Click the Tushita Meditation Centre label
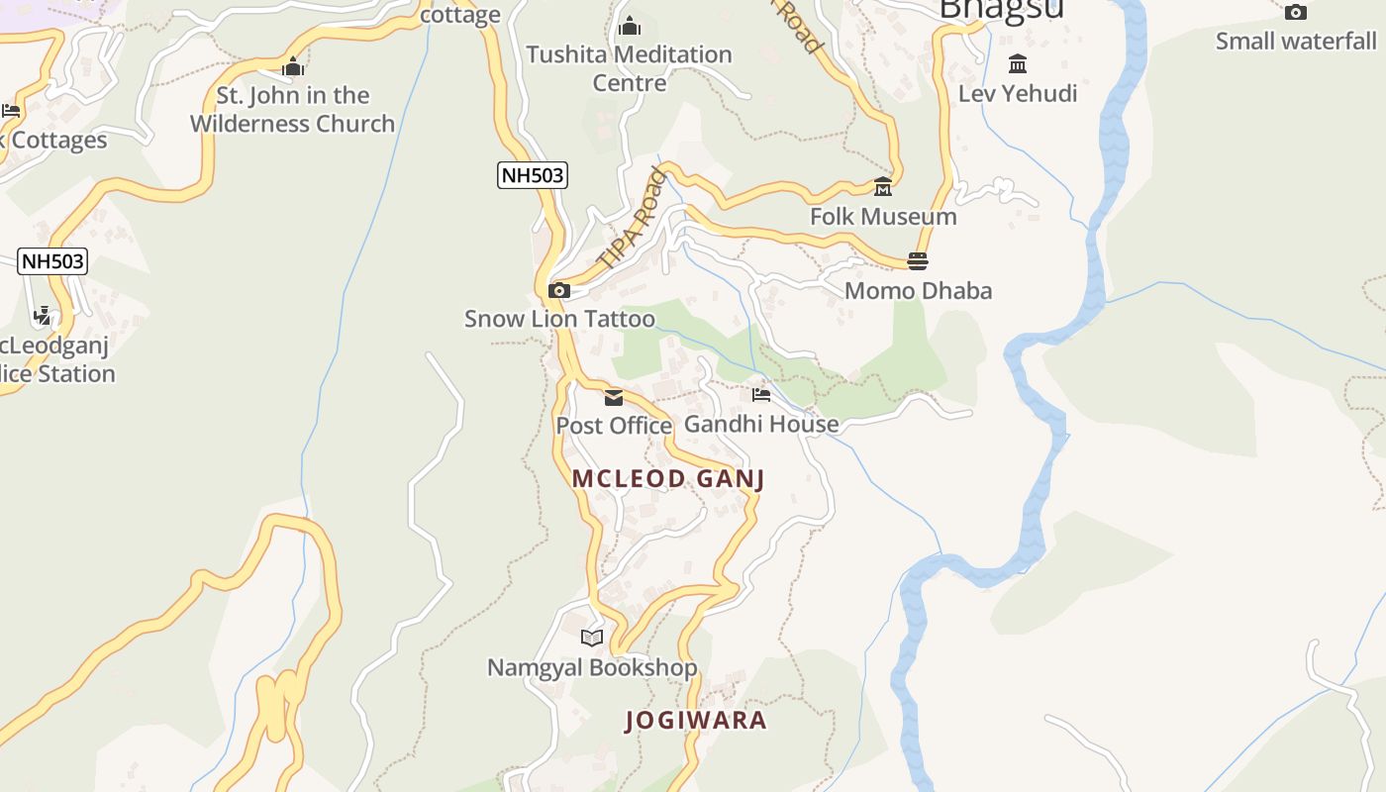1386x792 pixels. [x=629, y=68]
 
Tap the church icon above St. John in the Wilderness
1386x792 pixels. [x=292, y=67]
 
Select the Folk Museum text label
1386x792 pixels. [x=883, y=217]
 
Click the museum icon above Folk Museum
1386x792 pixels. [x=882, y=186]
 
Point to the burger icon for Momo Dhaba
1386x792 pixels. [x=917, y=260]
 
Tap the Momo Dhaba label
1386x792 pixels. [x=918, y=291]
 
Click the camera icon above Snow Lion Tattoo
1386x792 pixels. [x=559, y=290]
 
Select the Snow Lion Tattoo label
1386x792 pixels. [x=559, y=319]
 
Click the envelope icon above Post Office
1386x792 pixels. [x=614, y=397]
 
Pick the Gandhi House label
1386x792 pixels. [x=761, y=424]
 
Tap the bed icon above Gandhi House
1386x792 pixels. [x=760, y=394]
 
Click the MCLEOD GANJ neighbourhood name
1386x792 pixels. [x=668, y=479]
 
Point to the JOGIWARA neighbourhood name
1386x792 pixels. [x=696, y=721]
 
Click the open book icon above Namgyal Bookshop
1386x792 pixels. [x=592, y=638]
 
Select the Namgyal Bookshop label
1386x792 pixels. [x=592, y=668]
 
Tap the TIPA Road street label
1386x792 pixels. [x=633, y=220]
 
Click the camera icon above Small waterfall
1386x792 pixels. [x=1295, y=13]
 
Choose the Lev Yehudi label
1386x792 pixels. [x=1017, y=94]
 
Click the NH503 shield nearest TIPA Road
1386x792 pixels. [x=532, y=176]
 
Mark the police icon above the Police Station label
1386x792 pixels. [x=43, y=316]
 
